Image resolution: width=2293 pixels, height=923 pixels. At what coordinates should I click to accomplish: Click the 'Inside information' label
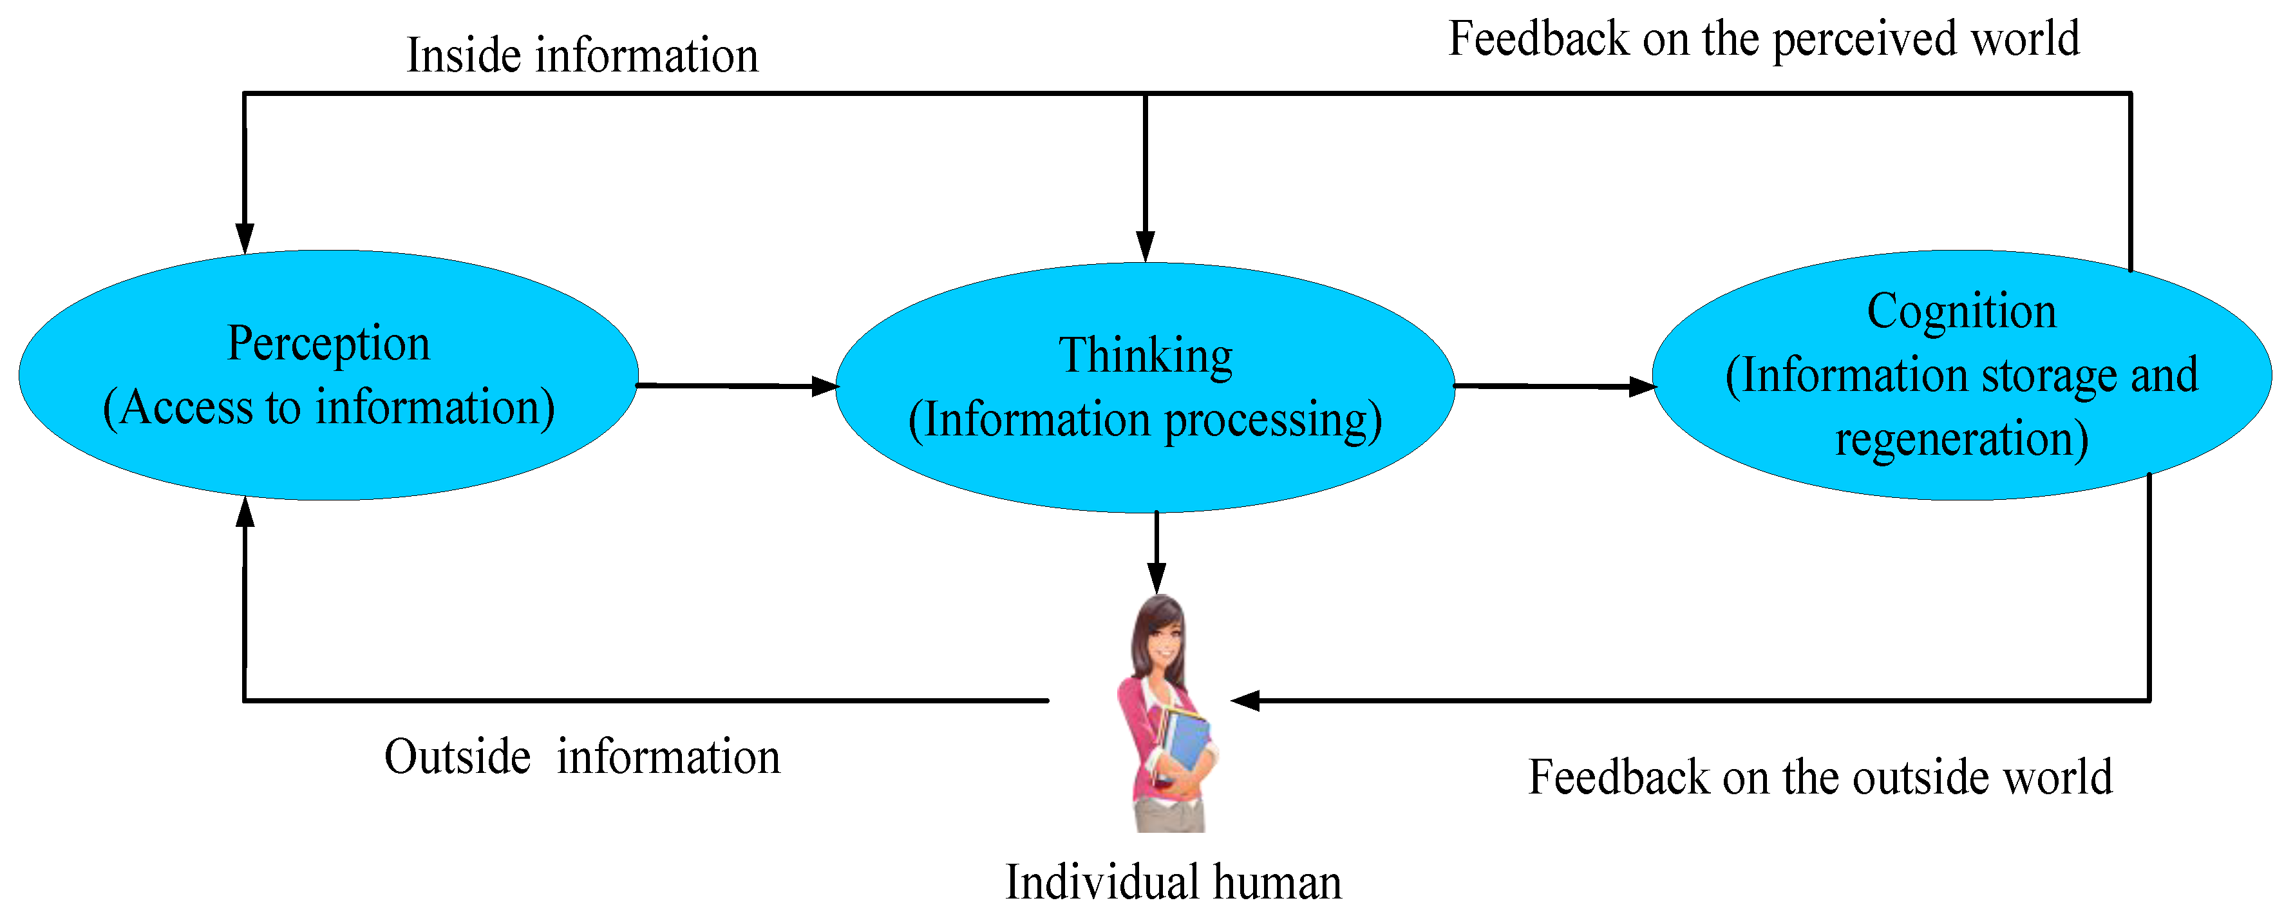click(582, 55)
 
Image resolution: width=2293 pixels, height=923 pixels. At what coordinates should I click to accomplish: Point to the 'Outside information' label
click(582, 757)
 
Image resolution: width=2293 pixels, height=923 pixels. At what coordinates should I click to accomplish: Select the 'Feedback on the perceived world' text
click(1763, 39)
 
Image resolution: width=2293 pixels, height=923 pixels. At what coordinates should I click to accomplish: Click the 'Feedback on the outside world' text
click(1820, 777)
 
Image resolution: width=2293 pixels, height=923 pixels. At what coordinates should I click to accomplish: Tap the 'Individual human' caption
click(1173, 883)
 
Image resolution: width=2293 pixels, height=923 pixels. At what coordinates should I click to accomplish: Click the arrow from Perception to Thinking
click(735, 385)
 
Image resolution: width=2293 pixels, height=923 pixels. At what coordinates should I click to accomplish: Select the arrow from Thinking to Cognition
click(1553, 386)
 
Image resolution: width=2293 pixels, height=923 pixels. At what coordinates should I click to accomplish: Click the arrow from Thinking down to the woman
click(1156, 552)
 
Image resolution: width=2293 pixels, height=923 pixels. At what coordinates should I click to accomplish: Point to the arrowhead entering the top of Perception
click(245, 238)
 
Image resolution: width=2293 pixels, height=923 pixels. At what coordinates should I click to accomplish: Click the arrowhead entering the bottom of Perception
click(245, 512)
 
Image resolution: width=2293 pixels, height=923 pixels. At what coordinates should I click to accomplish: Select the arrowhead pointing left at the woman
click(1245, 701)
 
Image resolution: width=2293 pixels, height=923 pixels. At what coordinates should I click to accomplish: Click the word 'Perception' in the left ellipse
click(328, 343)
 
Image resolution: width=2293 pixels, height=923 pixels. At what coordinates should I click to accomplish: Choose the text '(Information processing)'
click(1145, 420)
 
